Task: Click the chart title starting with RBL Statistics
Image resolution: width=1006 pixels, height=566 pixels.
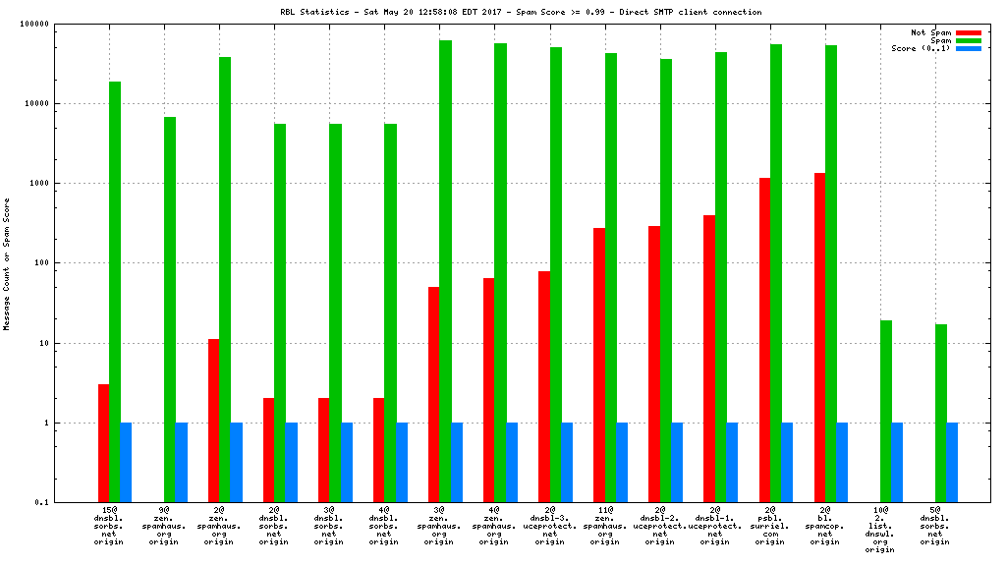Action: click(520, 12)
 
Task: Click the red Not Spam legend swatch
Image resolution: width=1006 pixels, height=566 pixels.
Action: click(968, 32)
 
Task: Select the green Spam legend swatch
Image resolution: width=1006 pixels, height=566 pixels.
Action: click(968, 40)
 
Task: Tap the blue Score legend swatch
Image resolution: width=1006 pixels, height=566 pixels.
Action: click(968, 48)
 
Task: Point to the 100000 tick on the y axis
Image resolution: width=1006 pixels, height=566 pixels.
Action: click(64, 24)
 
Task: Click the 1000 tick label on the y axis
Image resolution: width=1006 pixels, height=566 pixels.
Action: click(70, 184)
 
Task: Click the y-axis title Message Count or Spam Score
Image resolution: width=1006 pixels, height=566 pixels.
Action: click(7, 263)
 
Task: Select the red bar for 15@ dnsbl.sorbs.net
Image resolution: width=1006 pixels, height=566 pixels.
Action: click(103, 442)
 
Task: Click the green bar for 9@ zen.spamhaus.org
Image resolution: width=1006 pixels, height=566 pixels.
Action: click(170, 310)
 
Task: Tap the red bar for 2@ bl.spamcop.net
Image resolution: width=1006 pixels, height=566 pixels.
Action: click(819, 337)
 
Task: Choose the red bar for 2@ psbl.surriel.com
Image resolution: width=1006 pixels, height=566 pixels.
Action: click(764, 340)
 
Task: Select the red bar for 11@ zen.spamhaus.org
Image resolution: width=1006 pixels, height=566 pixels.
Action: click(599, 365)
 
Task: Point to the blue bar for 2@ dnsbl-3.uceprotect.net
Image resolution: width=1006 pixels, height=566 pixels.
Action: click(567, 462)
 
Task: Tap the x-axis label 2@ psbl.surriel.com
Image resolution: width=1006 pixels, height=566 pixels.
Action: click(770, 526)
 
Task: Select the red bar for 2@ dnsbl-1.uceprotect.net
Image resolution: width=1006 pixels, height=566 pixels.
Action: click(709, 359)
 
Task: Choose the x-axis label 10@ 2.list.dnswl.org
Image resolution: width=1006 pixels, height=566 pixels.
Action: click(880, 530)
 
